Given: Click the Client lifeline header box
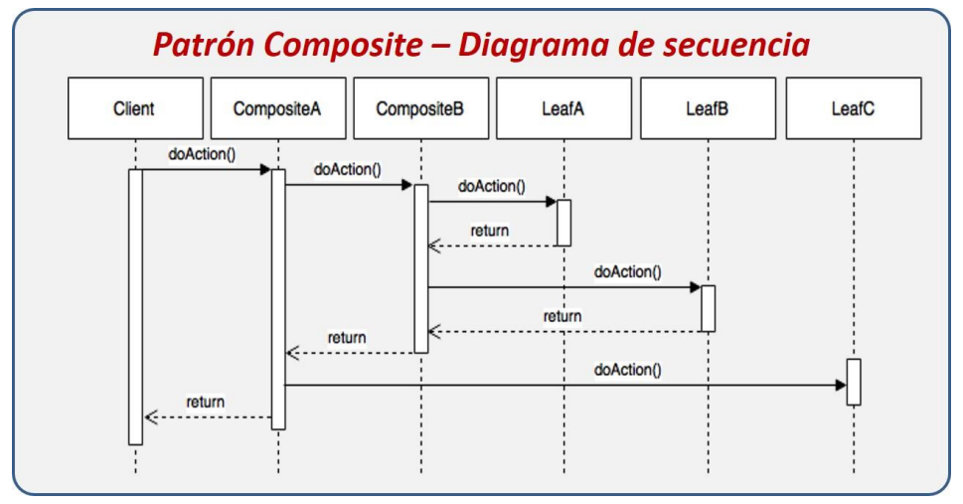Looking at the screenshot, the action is (135, 108).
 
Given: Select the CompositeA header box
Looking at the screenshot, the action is (278, 108).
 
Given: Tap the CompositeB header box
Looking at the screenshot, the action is (421, 108).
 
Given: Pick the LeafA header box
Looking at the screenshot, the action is (563, 108).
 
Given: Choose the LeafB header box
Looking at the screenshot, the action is (709, 108).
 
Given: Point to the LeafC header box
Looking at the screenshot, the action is (854, 108).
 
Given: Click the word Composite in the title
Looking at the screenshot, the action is (343, 46).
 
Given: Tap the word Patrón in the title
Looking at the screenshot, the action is (204, 45).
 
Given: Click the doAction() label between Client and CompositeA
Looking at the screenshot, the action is (202, 154).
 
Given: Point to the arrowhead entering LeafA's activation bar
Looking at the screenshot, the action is (551, 202).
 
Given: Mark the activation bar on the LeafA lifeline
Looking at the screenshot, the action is (563, 223).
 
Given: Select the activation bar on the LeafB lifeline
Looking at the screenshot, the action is (709, 308).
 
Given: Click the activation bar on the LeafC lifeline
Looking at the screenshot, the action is (854, 382).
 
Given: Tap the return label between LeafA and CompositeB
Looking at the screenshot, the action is (490, 231).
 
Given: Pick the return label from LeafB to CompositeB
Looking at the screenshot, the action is (562, 316).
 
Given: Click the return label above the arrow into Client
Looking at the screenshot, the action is (205, 402).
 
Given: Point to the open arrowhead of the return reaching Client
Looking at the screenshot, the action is (151, 418).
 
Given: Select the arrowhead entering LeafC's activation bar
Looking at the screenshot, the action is (841, 386).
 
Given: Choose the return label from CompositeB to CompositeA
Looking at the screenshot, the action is (347, 338).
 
